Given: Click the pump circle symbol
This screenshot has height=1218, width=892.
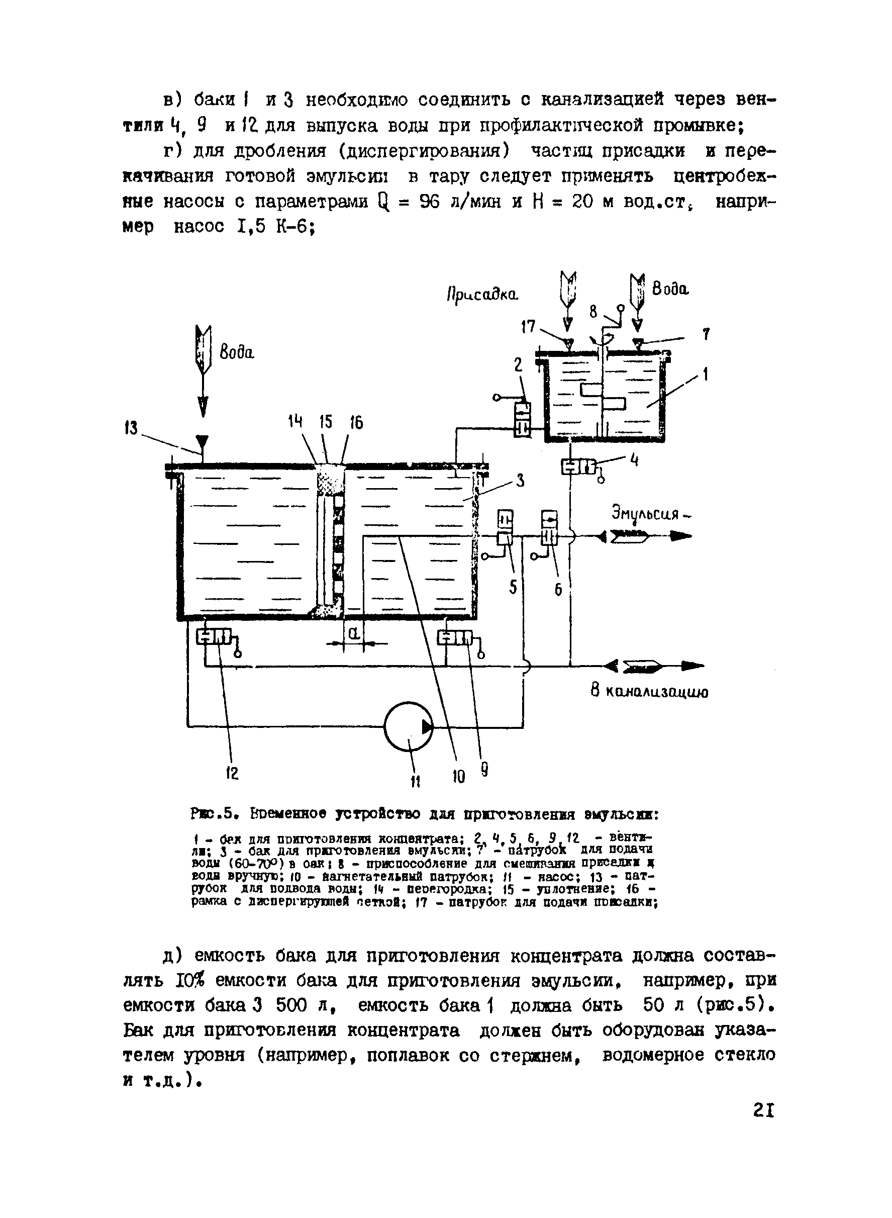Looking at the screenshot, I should (409, 727).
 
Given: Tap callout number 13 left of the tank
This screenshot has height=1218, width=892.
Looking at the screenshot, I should (131, 428).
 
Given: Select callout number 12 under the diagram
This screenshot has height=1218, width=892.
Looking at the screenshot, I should (232, 774).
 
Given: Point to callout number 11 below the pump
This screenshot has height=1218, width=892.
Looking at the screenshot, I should (415, 781).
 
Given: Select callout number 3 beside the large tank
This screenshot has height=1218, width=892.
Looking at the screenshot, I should (520, 480).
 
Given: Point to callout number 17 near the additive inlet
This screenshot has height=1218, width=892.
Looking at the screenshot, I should (528, 327).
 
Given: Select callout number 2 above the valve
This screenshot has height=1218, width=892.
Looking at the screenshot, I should (518, 365).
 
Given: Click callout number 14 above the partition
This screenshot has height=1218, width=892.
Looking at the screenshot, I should (295, 422).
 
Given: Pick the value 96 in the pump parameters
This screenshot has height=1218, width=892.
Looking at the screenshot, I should (431, 202).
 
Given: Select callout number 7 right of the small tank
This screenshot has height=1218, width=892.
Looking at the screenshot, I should (705, 335).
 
